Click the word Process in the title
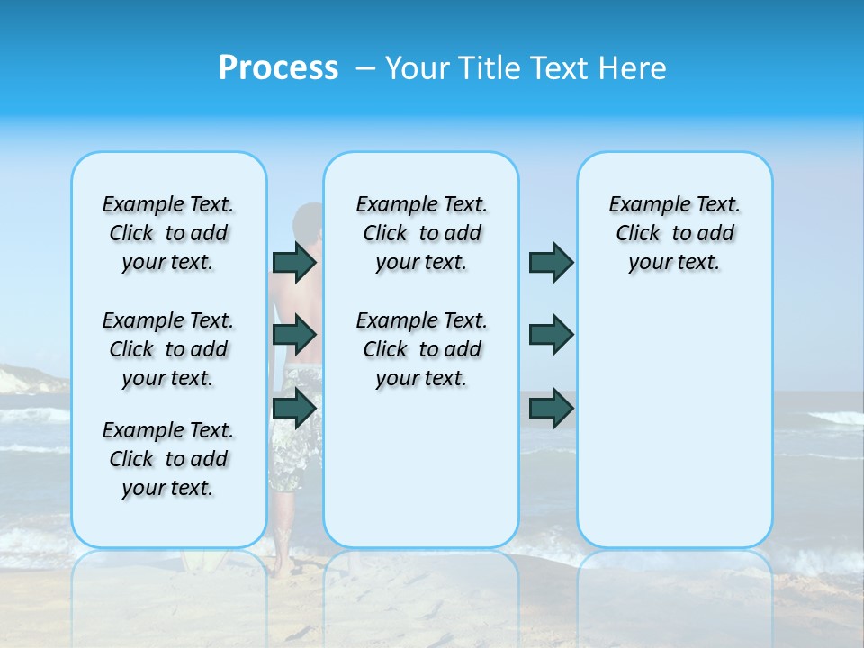278,68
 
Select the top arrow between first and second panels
294,262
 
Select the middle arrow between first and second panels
294,335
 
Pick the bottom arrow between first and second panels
294,408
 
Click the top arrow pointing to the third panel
551,262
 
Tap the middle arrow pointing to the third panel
551,335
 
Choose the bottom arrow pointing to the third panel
551,408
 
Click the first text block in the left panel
168,233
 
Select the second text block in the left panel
168,349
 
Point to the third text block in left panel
168,459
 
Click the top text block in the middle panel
421,233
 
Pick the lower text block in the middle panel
421,349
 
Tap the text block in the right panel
674,233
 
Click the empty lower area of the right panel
674,432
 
